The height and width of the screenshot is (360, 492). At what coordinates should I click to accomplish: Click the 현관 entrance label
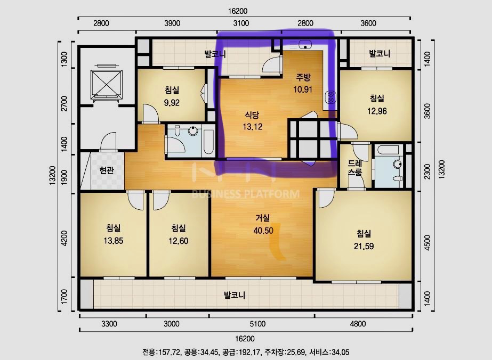point(107,170)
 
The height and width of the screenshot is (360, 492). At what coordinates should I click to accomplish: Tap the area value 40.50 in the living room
point(263,231)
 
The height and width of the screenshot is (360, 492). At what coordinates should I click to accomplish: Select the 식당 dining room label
point(252,115)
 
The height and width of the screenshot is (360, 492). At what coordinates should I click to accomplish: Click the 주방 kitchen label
point(303,77)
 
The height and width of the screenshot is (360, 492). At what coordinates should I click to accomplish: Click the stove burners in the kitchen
point(330,97)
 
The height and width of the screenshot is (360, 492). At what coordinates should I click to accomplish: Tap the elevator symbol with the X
point(107,83)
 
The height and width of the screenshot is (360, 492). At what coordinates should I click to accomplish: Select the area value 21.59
point(364,246)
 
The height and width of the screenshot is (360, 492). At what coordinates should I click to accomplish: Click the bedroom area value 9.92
point(172,103)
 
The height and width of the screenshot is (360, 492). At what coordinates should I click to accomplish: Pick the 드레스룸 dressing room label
point(355,168)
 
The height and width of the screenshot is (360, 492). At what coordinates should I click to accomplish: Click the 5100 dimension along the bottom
point(257,324)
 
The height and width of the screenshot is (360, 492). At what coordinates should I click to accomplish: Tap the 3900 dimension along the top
point(172,23)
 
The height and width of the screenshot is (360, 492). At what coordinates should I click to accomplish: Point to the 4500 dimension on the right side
point(427,243)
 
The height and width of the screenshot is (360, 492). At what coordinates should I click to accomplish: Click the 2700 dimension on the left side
point(64,103)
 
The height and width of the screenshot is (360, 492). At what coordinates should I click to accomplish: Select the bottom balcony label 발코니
point(235,295)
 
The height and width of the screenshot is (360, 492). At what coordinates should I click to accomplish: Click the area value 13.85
point(114,241)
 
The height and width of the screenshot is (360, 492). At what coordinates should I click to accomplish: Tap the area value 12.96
point(377,111)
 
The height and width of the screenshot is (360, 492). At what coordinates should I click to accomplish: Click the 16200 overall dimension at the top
point(238,11)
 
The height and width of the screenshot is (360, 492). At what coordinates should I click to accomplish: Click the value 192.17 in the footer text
point(250,352)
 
